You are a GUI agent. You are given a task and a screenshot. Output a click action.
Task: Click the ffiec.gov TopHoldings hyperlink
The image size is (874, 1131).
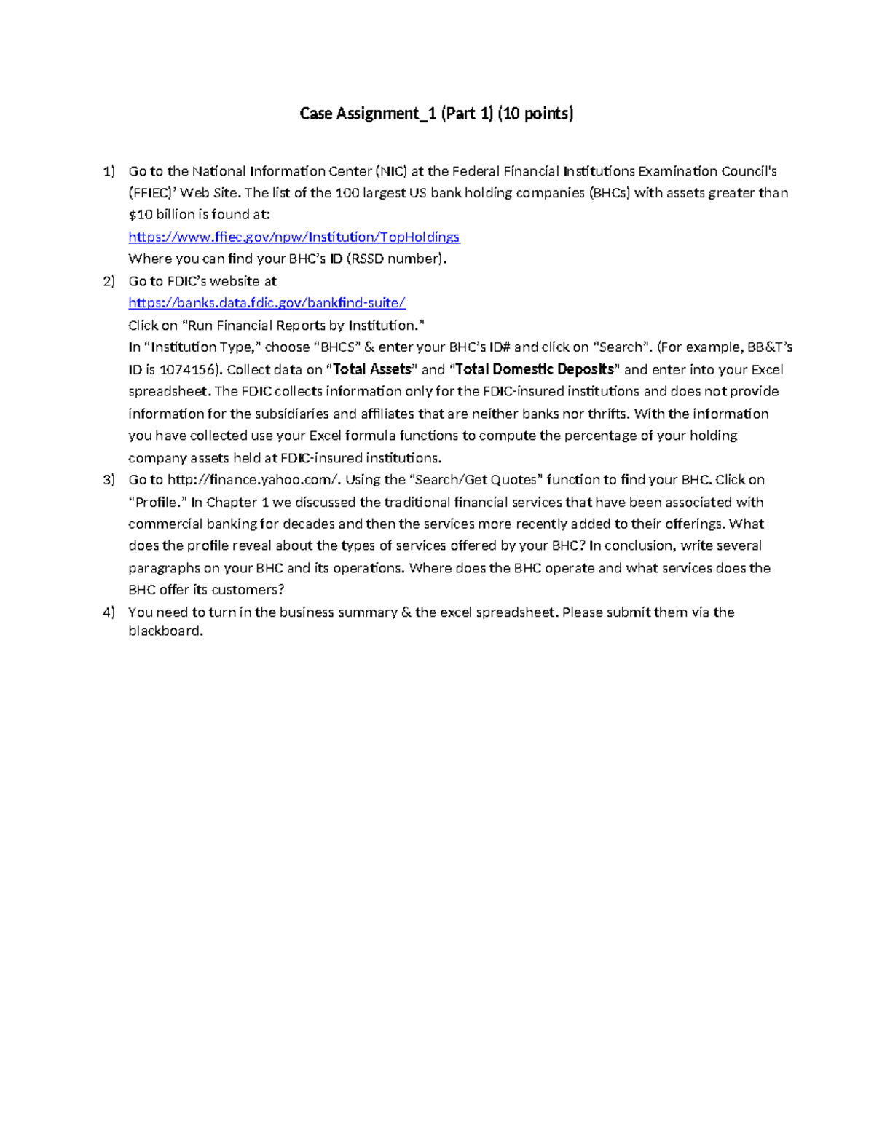pyautogui.click(x=294, y=237)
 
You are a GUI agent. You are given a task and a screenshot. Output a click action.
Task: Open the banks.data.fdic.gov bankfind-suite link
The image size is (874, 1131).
pyautogui.click(x=267, y=302)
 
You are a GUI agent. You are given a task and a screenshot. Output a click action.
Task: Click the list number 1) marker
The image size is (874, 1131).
pyautogui.click(x=109, y=171)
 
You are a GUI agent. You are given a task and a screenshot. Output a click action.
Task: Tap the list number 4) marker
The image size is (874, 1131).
pyautogui.click(x=109, y=612)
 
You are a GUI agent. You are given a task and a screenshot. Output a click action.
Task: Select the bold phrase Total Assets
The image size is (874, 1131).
pyautogui.click(x=372, y=369)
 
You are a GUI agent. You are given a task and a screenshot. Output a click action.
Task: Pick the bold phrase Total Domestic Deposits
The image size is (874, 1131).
pyautogui.click(x=534, y=369)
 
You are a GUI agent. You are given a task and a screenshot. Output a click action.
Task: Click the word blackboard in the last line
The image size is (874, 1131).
pyautogui.click(x=165, y=631)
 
